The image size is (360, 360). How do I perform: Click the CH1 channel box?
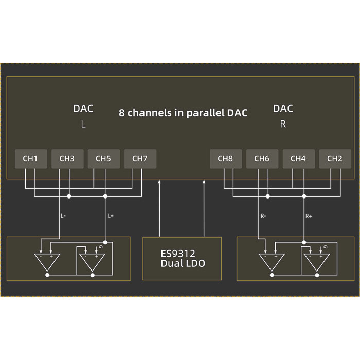[x=30, y=159]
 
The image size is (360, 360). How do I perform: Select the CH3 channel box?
[x=67, y=159]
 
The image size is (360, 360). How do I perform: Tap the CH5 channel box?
[x=103, y=159]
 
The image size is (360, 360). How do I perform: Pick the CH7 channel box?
[x=140, y=159]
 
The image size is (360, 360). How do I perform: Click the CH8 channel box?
[x=225, y=159]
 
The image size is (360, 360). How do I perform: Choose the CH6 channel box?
[x=262, y=159]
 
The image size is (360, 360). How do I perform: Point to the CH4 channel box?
[x=298, y=159]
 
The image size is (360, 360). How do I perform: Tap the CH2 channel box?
[x=335, y=159]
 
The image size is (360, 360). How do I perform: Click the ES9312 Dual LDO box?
[x=182, y=258]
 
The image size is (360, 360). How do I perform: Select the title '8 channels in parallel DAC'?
[x=183, y=113]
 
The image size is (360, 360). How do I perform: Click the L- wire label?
[x=63, y=216]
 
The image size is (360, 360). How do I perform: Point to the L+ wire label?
[x=111, y=216]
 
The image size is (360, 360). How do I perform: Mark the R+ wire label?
[x=309, y=216]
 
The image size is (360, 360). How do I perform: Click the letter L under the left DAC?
[x=83, y=125]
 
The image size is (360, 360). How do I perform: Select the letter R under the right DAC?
[x=283, y=125]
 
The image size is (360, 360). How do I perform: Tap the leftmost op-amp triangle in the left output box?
[x=47, y=261]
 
